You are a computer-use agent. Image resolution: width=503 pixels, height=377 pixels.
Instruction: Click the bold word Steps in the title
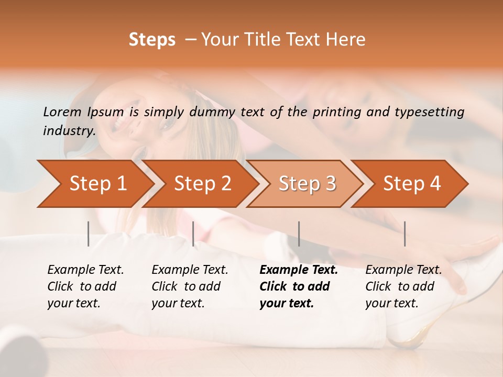point(152,40)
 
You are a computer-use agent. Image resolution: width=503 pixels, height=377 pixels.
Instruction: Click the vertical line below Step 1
point(89,234)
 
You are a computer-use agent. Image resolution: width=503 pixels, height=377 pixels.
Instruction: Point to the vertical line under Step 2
point(193,234)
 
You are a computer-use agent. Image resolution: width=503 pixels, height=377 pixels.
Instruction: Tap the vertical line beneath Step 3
point(299,234)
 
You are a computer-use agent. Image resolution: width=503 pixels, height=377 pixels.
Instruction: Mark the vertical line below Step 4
point(404,234)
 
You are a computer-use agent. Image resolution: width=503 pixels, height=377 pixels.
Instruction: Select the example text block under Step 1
point(85,286)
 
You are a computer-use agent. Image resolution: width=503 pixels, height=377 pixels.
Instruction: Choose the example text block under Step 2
point(190,286)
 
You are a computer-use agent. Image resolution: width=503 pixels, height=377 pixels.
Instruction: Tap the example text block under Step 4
point(403,286)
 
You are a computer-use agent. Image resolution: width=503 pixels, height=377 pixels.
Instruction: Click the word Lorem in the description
point(62,112)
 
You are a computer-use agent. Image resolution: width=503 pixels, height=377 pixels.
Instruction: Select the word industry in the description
point(69,130)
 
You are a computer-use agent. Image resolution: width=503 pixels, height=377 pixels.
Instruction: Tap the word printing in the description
point(333,112)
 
